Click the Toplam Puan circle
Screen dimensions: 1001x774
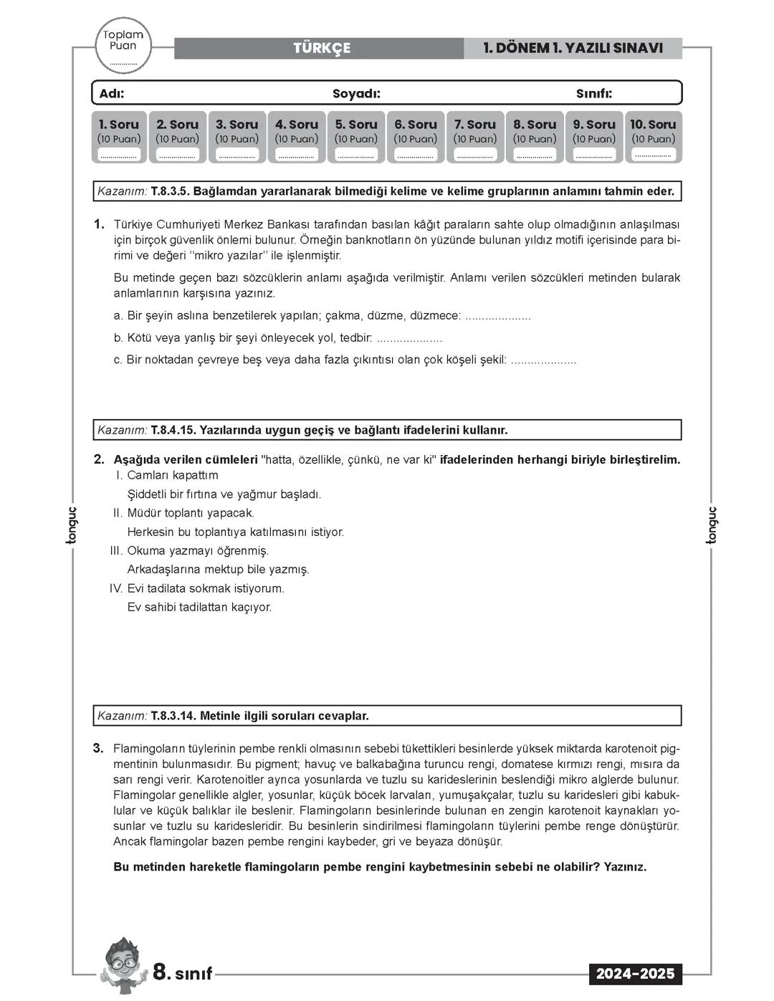[123, 44]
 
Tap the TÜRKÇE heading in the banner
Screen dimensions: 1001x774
[322, 48]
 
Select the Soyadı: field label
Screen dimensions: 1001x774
[356, 94]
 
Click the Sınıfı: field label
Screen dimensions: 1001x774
[594, 94]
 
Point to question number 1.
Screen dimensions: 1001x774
[99, 224]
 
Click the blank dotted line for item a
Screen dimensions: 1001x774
[498, 317]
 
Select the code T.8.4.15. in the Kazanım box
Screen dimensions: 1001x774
[173, 430]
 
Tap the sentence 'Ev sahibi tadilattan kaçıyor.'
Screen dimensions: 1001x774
[199, 607]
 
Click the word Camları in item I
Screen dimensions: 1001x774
[146, 475]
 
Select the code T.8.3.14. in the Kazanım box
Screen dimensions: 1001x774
[173, 716]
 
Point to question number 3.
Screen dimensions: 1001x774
[98, 749]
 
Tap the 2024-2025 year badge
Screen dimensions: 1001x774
[635, 974]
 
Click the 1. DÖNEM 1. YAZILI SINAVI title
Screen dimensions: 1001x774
[573, 48]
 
